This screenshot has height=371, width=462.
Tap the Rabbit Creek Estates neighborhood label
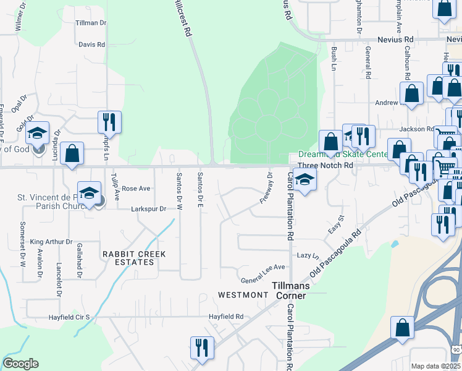pyautogui.click(x=128, y=258)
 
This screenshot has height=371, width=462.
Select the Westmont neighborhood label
pyautogui.click(x=242, y=295)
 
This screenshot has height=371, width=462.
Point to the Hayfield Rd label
pyautogui.click(x=225, y=317)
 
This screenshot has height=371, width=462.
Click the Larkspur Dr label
pyautogui.click(x=149, y=209)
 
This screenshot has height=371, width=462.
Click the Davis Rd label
pyautogui.click(x=92, y=45)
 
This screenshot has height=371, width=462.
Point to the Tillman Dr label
pyautogui.click(x=91, y=23)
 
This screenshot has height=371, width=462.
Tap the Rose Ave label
pyautogui.click(x=136, y=188)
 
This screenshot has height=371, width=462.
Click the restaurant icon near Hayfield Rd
pyautogui.click(x=202, y=348)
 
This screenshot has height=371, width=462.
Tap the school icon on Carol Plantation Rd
pyautogui.click(x=304, y=180)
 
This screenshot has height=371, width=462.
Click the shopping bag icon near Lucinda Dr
pyautogui.click(x=72, y=154)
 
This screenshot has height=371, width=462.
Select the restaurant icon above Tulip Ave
pyautogui.click(x=109, y=122)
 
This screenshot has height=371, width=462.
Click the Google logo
pyautogui.click(x=20, y=364)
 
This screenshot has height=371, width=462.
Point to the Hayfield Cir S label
pyautogui.click(x=70, y=317)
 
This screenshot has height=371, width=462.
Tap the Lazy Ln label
pyautogui.click(x=307, y=255)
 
